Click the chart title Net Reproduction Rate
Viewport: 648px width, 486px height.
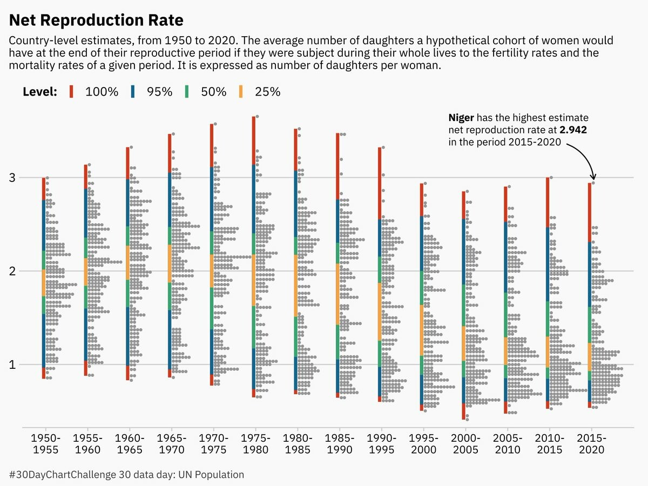point(96,21)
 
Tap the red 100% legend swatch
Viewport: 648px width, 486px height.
point(71,91)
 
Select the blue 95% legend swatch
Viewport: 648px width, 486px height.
point(133,91)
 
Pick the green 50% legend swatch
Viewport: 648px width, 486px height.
point(186,91)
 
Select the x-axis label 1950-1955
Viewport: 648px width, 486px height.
point(45,443)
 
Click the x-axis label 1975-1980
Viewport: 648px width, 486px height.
point(255,443)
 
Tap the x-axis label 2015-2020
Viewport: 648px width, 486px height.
point(591,443)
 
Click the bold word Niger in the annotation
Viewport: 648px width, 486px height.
point(461,118)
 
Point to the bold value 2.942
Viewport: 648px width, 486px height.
point(573,130)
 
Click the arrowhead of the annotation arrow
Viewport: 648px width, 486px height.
point(593,177)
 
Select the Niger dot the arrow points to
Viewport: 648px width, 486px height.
point(593,183)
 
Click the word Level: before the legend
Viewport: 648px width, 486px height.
point(40,92)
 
